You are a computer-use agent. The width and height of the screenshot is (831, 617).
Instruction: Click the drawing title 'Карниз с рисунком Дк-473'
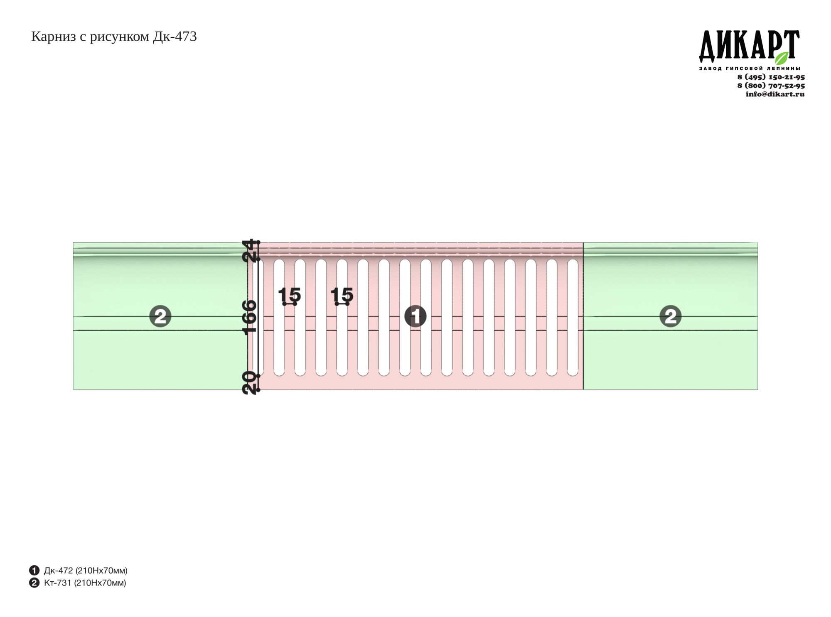coord(114,37)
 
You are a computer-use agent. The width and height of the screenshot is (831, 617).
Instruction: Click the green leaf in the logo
coord(782,58)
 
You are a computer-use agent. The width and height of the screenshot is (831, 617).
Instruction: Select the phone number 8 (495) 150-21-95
coord(771,77)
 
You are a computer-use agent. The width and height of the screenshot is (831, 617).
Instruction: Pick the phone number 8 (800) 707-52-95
coord(771,86)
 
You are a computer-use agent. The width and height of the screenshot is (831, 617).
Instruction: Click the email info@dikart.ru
coord(775,94)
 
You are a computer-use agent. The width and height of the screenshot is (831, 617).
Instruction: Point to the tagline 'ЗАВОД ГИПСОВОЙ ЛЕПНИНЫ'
coord(750,68)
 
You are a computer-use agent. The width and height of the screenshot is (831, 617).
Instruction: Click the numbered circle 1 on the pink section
coord(415,316)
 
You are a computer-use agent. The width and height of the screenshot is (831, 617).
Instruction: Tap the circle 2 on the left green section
coord(160,316)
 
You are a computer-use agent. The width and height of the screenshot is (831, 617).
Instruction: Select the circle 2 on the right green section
coord(671,316)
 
